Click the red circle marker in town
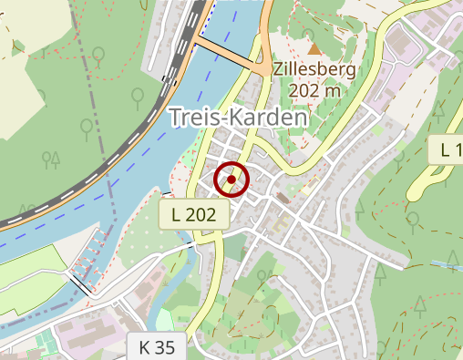point(231,180)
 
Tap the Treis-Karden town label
point(240,118)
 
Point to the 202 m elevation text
point(314,91)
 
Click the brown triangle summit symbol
point(314,48)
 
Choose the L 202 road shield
point(193,215)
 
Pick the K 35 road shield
point(156,347)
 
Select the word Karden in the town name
point(270,118)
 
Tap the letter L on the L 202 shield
point(175,215)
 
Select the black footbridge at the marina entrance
point(80,283)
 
